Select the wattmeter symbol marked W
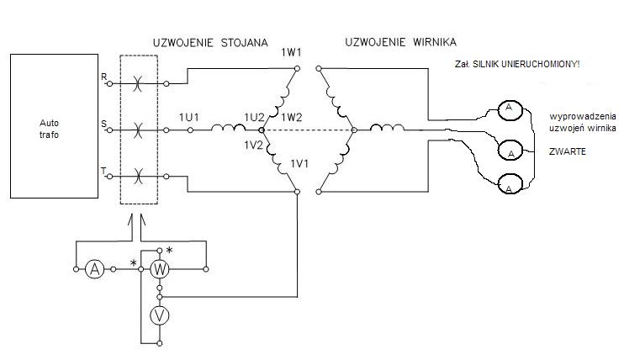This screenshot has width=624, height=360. pyautogui.click(x=160, y=269)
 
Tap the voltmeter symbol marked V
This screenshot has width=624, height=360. pyautogui.click(x=160, y=316)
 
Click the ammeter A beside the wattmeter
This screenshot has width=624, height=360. pyautogui.click(x=96, y=269)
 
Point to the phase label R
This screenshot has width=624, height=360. pyautogui.click(x=103, y=77)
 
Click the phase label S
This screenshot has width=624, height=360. pyautogui.click(x=103, y=124)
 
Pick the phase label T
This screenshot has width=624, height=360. pyautogui.click(x=103, y=171)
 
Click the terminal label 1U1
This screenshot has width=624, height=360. pyautogui.click(x=188, y=117)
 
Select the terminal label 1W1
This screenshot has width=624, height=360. pyautogui.click(x=291, y=53)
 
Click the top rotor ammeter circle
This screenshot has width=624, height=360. pyautogui.click(x=508, y=109)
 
